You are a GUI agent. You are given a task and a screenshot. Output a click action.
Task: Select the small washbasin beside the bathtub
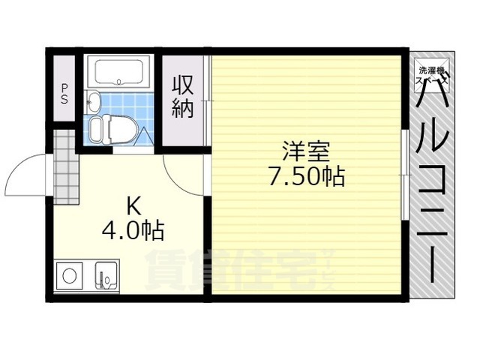tap(94, 100)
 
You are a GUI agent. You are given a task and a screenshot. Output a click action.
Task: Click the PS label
tap(64, 93)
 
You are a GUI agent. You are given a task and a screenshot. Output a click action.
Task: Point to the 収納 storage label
tap(184, 95)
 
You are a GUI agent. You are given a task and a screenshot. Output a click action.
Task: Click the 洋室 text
tap(306, 151)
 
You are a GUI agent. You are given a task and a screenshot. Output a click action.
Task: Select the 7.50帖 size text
tap(306, 176)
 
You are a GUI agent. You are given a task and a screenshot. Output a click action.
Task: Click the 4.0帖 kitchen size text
tap(133, 229)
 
